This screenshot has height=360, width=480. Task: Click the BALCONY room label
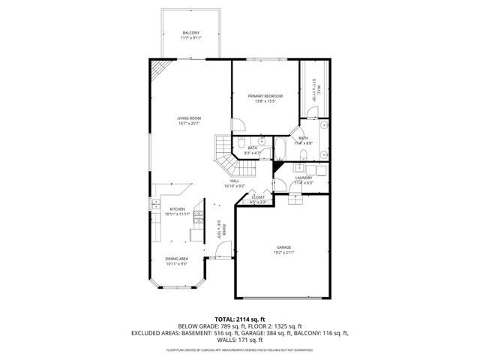click(191, 33)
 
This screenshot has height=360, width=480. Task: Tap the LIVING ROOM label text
click(189, 118)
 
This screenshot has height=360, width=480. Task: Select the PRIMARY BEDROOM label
click(265, 96)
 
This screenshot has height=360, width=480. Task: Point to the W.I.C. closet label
click(318, 91)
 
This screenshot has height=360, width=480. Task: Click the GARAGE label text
click(283, 247)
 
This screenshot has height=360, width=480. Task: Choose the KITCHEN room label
click(177, 208)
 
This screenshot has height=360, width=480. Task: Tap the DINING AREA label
click(177, 259)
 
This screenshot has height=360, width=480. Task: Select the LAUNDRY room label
click(303, 177)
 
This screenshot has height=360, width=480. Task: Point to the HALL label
click(235, 180)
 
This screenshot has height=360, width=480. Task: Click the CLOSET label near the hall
click(258, 197)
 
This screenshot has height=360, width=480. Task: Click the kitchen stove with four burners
click(199, 217)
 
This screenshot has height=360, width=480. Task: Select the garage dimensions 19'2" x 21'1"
click(283, 252)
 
